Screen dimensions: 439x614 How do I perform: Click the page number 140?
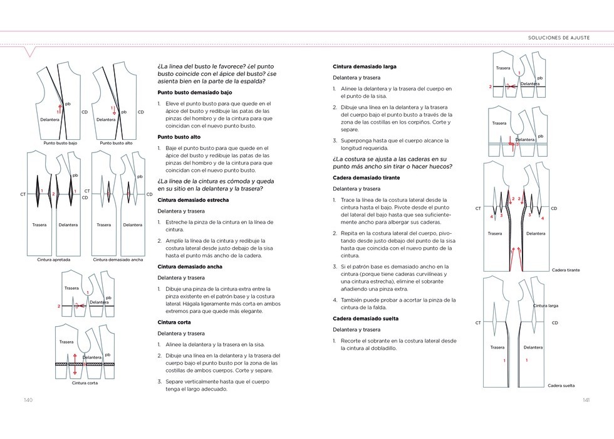[x=28, y=400]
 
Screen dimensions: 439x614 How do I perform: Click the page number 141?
[x=586, y=400]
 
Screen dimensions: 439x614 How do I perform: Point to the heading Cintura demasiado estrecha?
[x=193, y=200]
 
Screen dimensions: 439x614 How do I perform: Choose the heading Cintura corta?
[x=174, y=322]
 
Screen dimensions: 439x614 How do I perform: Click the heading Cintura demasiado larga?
[x=365, y=66]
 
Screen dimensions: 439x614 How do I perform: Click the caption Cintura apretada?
[x=53, y=259]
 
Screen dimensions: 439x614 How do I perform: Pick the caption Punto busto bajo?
[x=60, y=142]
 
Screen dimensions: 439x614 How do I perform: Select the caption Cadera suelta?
[x=561, y=386]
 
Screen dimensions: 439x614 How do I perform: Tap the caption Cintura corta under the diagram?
[x=84, y=383]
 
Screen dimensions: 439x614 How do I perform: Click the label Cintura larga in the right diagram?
[x=546, y=305]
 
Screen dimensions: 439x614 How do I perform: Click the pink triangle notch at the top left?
[x=28, y=52]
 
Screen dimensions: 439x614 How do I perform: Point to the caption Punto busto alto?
[x=116, y=142]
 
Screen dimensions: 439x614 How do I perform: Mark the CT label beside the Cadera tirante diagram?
[x=478, y=208]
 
